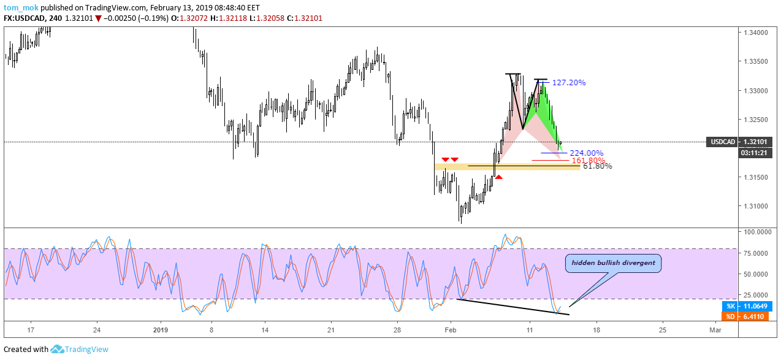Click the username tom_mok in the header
21,8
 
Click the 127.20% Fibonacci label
569,83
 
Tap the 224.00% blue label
587,153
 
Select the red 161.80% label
588,161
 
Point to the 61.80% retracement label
597,166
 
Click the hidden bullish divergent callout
613,263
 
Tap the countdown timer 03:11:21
754,153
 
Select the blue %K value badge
745,306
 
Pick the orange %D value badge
745,316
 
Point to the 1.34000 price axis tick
755,33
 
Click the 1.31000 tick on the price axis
755,206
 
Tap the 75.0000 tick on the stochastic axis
755,253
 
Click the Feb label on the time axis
451,330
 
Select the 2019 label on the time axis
161,330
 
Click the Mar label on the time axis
715,330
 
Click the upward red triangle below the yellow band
499,177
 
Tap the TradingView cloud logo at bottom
57,349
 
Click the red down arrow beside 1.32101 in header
98,18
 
